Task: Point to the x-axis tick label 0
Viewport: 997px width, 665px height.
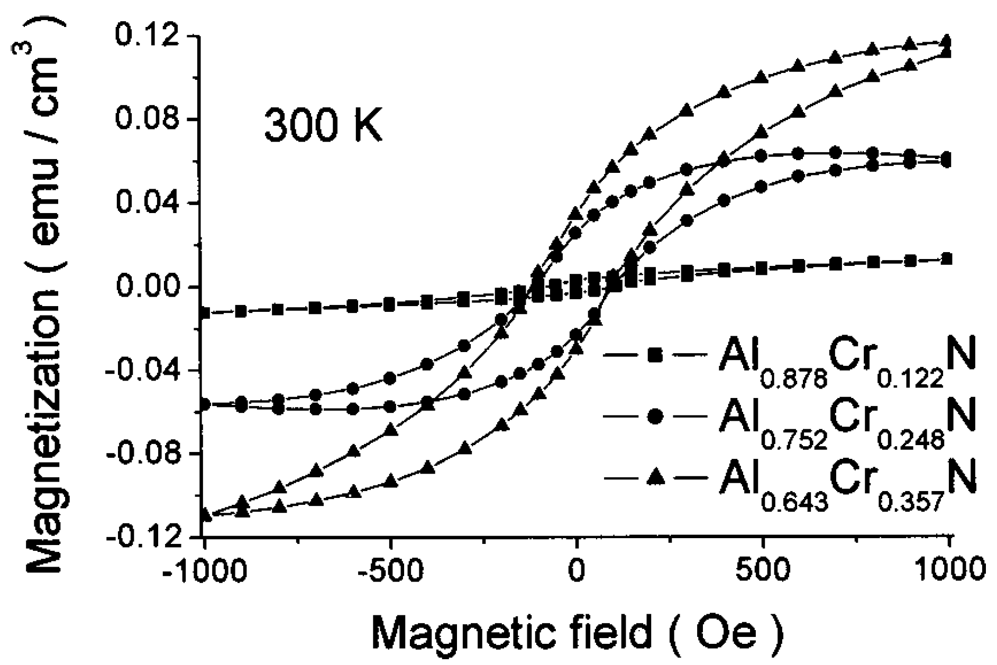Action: point(578,571)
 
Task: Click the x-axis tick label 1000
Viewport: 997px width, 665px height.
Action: point(950,571)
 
